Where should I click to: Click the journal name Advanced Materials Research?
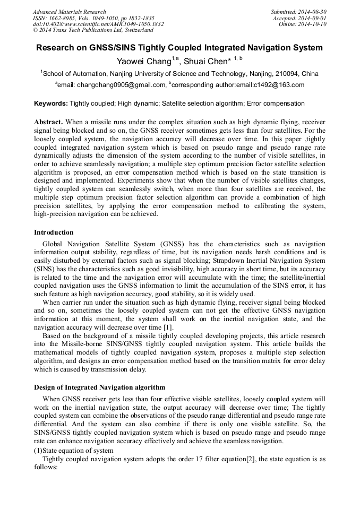(x=69, y=12)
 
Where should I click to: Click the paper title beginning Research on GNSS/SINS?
(x=179, y=48)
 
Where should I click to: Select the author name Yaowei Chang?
(x=143, y=61)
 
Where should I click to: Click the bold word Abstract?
(x=48, y=122)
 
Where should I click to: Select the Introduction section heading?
(x=54, y=232)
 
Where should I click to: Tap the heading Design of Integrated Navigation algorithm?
(x=99, y=387)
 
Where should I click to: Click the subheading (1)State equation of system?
(x=72, y=451)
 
